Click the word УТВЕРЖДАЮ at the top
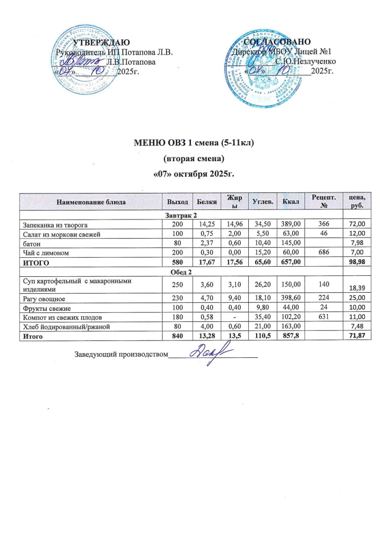(x=100, y=42)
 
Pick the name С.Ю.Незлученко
(x=304, y=61)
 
